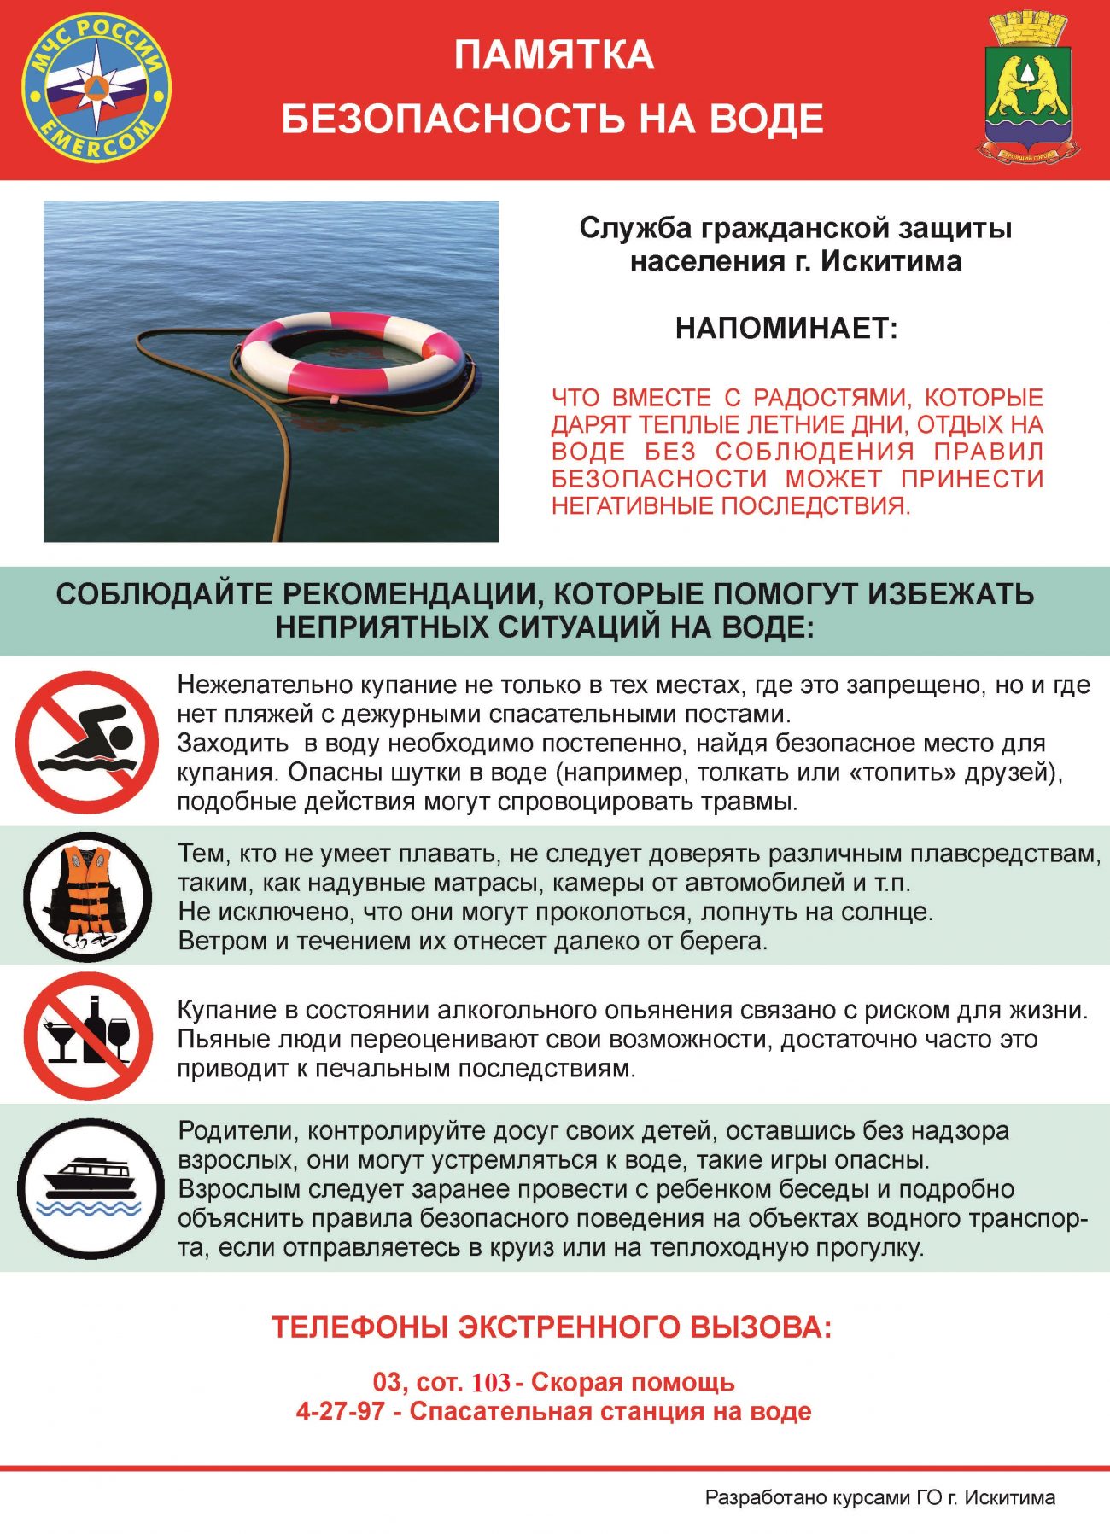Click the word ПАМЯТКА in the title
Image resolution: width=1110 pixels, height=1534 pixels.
(x=553, y=55)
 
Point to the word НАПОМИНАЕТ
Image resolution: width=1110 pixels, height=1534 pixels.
(x=786, y=328)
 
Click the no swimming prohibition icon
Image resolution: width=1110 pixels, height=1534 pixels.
(x=87, y=742)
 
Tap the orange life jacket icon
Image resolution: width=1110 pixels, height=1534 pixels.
(x=87, y=896)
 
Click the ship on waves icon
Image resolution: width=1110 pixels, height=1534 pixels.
(x=91, y=1188)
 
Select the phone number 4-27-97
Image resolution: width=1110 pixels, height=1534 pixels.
(x=340, y=1411)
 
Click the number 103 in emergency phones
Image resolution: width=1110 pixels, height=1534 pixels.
(x=491, y=1382)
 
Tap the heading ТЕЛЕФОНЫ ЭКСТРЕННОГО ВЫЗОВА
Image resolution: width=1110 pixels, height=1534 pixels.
(x=552, y=1327)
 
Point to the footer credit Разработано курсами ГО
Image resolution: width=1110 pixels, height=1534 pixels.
(x=879, y=1497)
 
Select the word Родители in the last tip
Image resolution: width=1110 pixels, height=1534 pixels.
(x=237, y=1131)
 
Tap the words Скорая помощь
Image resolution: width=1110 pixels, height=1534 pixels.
(x=633, y=1382)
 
